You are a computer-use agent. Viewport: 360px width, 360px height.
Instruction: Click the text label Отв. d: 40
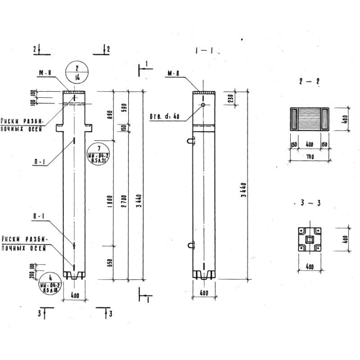pyautogui.click(x=165, y=117)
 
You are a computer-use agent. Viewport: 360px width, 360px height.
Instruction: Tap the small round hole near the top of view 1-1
pyautogui.click(x=203, y=105)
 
